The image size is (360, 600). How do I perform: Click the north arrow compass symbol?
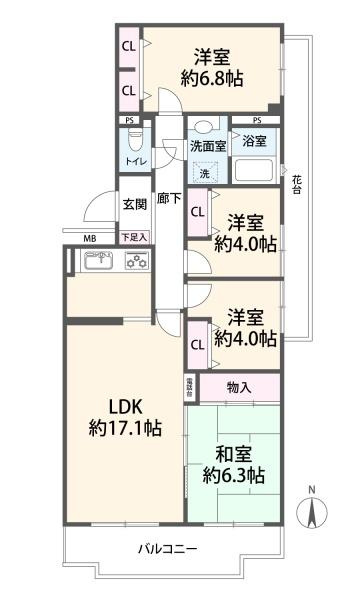coord(311,510)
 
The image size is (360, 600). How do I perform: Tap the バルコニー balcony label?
coord(167,550)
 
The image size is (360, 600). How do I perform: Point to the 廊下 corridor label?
coord(169,200)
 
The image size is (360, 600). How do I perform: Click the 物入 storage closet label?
coord(239,387)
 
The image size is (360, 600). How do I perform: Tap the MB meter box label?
coord(89,238)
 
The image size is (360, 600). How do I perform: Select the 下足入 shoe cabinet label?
coord(134,237)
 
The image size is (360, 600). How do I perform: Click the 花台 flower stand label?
coord(297,184)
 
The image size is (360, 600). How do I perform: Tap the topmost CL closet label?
coord(129,46)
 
